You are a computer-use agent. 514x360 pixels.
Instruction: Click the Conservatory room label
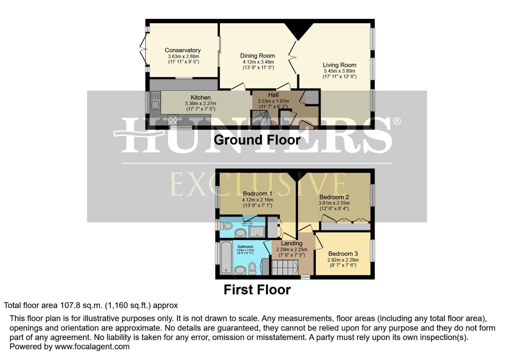pyautogui.click(x=183, y=50)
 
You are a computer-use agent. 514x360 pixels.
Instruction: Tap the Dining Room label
pyautogui.click(x=257, y=56)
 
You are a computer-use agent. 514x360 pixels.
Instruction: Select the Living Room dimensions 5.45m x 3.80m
pyautogui.click(x=339, y=71)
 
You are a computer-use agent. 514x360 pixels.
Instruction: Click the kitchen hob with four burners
pyautogui.click(x=173, y=120)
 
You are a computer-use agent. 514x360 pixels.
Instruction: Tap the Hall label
pyautogui.click(x=273, y=95)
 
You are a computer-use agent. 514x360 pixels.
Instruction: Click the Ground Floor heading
pyautogui.click(x=257, y=140)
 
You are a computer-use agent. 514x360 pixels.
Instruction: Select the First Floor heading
pyautogui.click(x=257, y=290)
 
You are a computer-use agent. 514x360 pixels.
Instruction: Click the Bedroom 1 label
pyautogui.click(x=257, y=194)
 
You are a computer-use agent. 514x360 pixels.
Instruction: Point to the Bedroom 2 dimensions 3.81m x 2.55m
pyautogui.click(x=334, y=203)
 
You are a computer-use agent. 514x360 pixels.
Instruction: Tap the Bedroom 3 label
pyautogui.click(x=343, y=254)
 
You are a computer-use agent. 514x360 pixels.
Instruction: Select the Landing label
pyautogui.click(x=292, y=243)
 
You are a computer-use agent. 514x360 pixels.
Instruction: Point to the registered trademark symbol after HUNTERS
pyautogui.click(x=397, y=121)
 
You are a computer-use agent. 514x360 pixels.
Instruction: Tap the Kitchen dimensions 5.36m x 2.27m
pyautogui.click(x=200, y=103)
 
